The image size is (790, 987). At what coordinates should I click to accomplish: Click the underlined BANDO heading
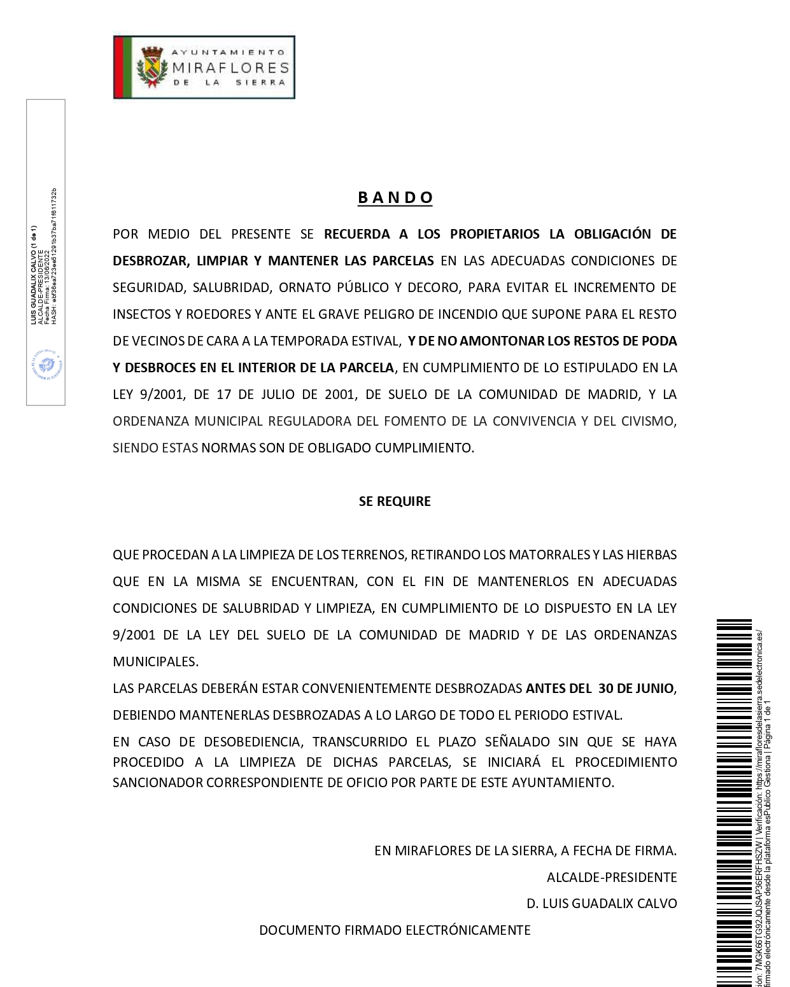pos(395,197)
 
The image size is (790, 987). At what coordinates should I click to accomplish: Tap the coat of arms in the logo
pos(152,67)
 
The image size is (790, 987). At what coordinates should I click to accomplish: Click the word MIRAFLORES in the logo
pos(230,67)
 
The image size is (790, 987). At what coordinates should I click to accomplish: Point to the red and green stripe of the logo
pos(122,67)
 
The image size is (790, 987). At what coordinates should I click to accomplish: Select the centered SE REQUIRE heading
pos(395,501)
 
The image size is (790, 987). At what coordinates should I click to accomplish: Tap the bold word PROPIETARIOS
pos(495,234)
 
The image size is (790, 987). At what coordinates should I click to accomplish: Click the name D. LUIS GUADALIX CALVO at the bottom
pos(602,904)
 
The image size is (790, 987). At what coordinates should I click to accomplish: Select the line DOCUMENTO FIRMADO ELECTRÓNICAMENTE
pos(395,930)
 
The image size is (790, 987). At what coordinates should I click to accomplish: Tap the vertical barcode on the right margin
pos(734,802)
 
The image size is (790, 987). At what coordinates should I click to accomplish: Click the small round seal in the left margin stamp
pos(46,365)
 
